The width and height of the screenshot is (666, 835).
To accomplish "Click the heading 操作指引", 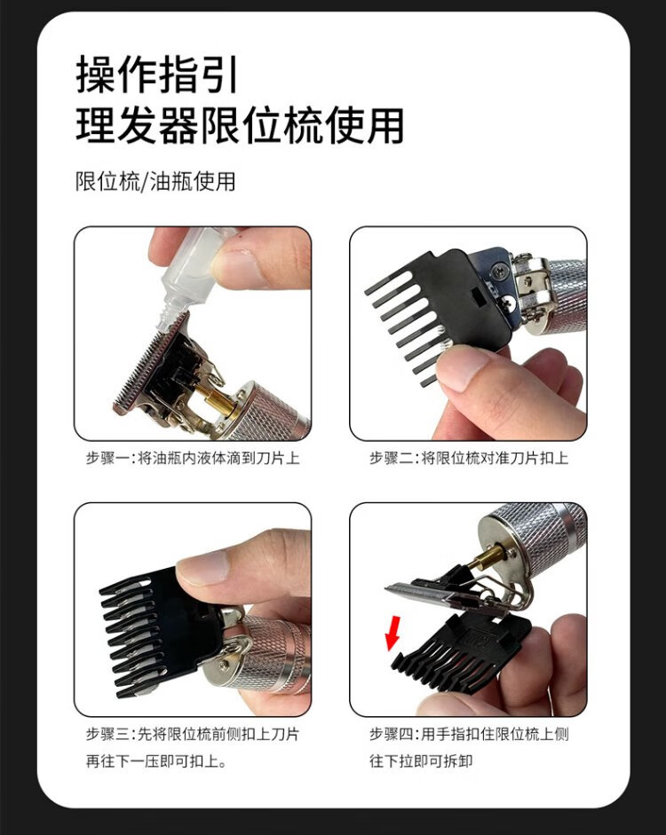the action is click(x=156, y=75).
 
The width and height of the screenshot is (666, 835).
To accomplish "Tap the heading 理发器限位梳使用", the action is click(x=240, y=126).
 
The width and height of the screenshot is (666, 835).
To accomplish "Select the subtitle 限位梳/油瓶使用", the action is click(x=155, y=182).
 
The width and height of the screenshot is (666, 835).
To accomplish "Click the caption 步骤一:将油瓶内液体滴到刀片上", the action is click(x=193, y=458).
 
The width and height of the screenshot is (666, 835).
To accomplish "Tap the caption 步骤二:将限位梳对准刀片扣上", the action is click(x=469, y=458).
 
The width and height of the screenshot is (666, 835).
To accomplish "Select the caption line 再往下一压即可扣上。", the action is click(x=156, y=761).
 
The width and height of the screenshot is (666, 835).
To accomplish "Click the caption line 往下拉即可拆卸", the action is click(x=421, y=761).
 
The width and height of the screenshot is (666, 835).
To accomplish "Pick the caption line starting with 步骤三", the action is click(x=193, y=735).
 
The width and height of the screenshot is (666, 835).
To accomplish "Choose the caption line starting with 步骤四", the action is click(x=469, y=735).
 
